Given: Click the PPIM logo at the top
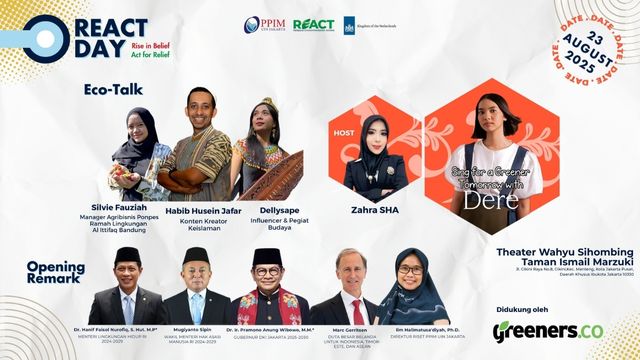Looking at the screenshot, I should [264, 25].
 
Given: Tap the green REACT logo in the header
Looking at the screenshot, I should [313, 25].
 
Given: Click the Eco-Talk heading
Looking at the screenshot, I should [113, 89].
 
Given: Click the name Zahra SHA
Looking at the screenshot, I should [376, 211].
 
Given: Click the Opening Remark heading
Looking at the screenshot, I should [56, 273].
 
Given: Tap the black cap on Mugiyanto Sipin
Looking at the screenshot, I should [195, 254].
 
